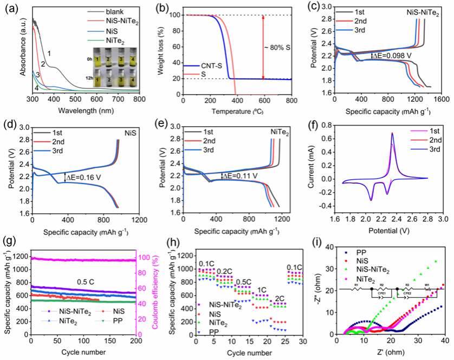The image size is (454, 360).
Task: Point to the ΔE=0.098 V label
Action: pyautogui.click(x=392, y=55)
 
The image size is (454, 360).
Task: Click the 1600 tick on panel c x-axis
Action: pyautogui.click(x=440, y=100)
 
